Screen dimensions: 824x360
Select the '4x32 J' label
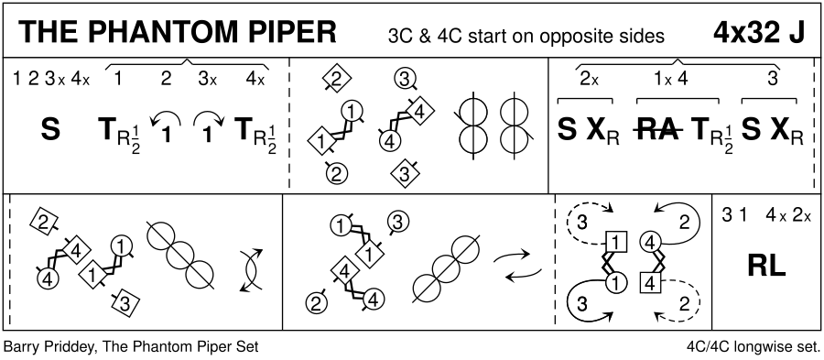759,33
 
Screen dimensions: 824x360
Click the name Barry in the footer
18,347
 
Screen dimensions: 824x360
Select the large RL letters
766,267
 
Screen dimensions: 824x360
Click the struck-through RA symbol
659,130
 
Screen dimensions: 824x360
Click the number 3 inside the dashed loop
581,223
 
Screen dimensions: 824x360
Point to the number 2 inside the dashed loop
684,304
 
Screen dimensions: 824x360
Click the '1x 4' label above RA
670,80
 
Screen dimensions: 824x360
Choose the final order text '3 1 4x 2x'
766,215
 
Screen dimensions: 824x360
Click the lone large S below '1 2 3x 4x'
50,130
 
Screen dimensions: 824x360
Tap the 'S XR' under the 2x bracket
588,131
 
